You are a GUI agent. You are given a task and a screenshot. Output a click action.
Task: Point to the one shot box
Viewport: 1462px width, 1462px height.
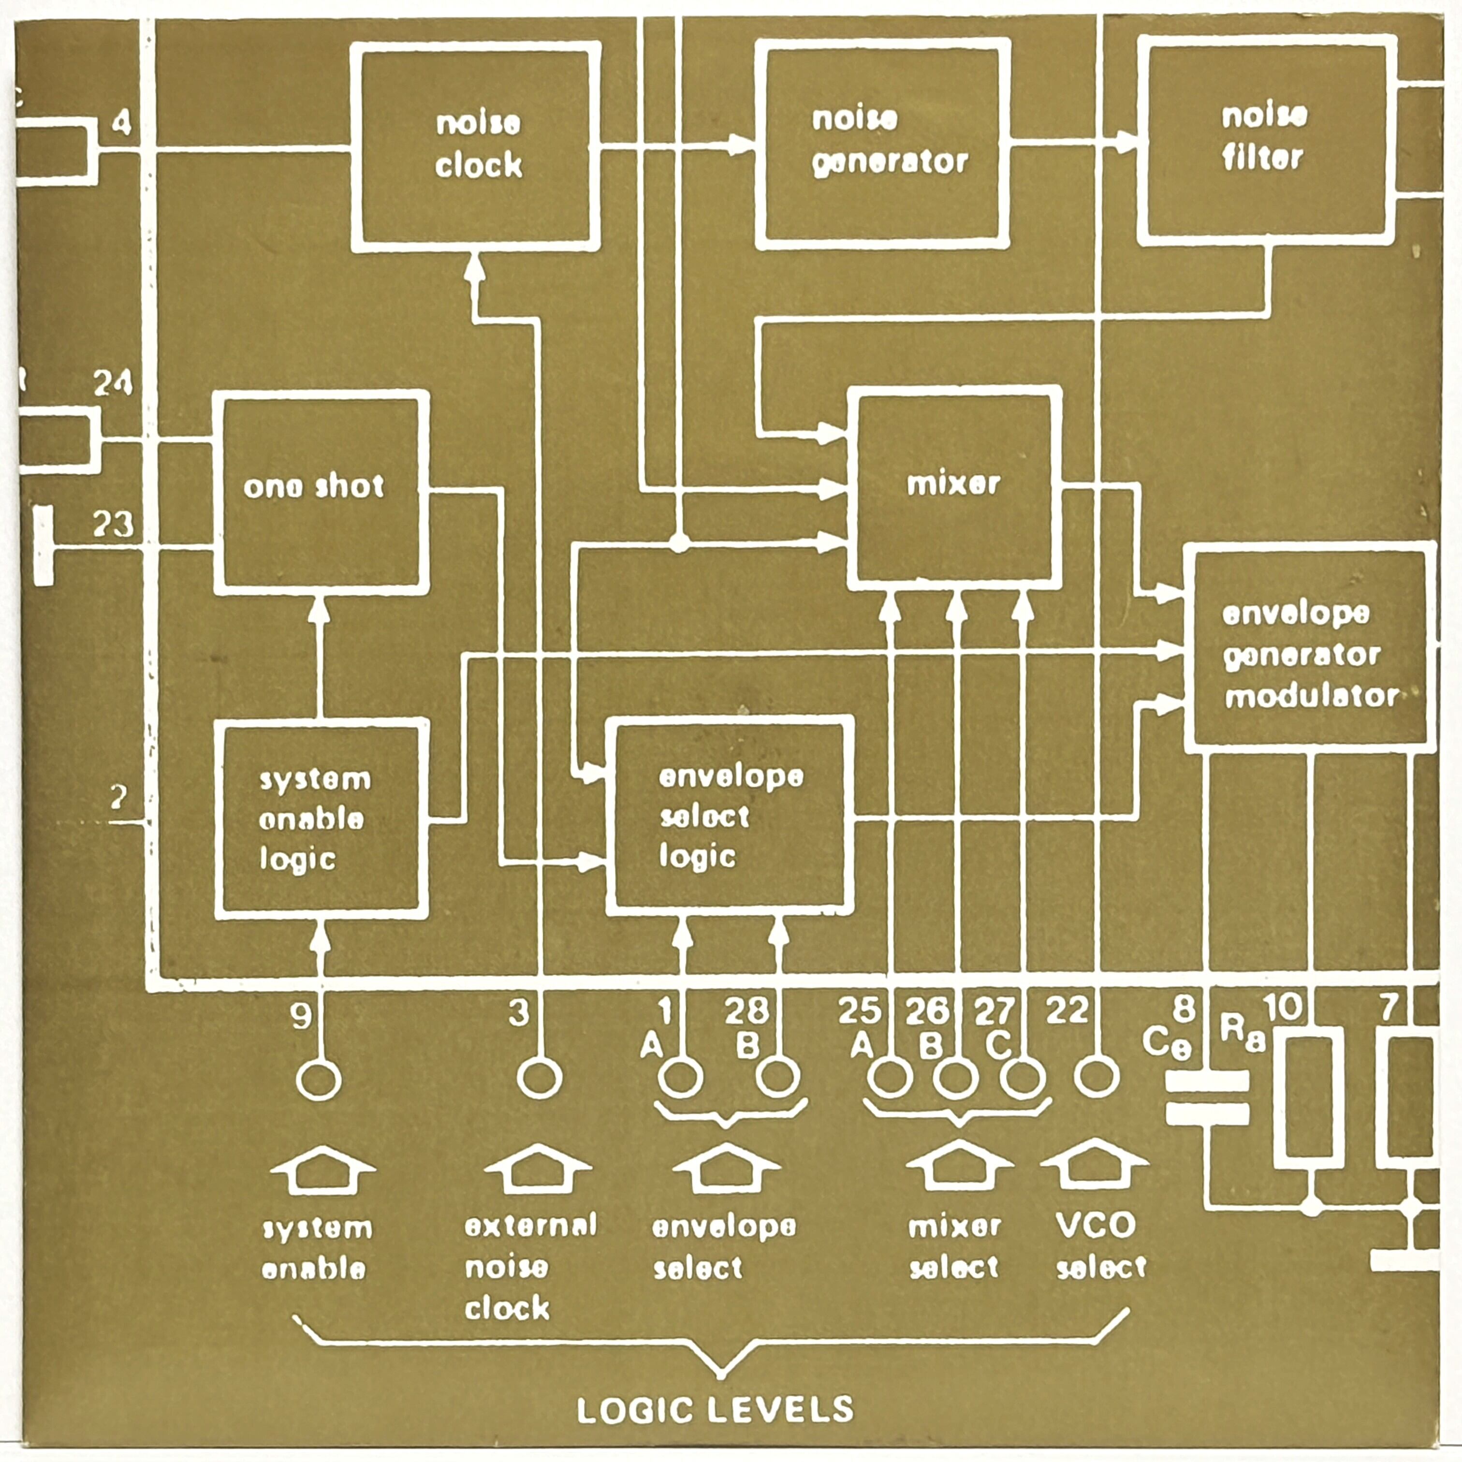[320, 491]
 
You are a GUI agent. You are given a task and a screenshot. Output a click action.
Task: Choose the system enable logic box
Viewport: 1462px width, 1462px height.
[320, 819]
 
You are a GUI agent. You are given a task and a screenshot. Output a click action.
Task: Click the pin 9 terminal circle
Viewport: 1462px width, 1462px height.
[318, 1080]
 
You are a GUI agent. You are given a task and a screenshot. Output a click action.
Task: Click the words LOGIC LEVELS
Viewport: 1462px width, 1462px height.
[715, 1410]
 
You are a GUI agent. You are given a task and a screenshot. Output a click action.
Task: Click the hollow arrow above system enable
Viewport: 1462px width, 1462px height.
[322, 1169]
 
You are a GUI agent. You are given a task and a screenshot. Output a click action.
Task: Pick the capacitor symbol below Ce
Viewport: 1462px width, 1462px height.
[1207, 1097]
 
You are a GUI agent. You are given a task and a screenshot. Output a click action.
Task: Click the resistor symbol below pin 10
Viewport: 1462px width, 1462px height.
[1309, 1097]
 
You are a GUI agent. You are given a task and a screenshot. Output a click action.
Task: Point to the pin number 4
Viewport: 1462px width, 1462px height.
[121, 123]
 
